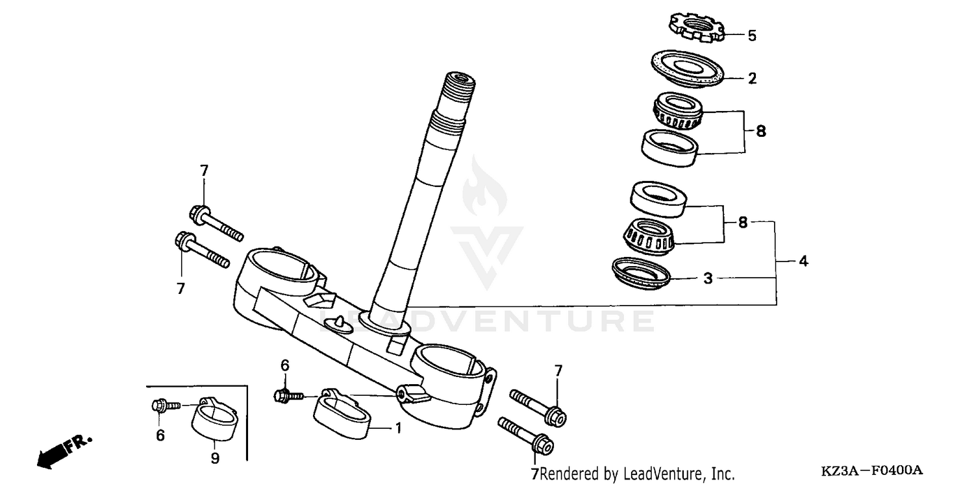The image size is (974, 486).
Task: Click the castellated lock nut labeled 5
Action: [696, 29]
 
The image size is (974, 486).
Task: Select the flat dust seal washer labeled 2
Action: [687, 68]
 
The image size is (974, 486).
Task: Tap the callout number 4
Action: [803, 261]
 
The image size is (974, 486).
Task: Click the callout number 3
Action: [708, 279]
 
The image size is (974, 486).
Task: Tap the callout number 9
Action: [215, 459]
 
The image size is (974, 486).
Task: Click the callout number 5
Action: [752, 36]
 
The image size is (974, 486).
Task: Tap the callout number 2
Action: [752, 79]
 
